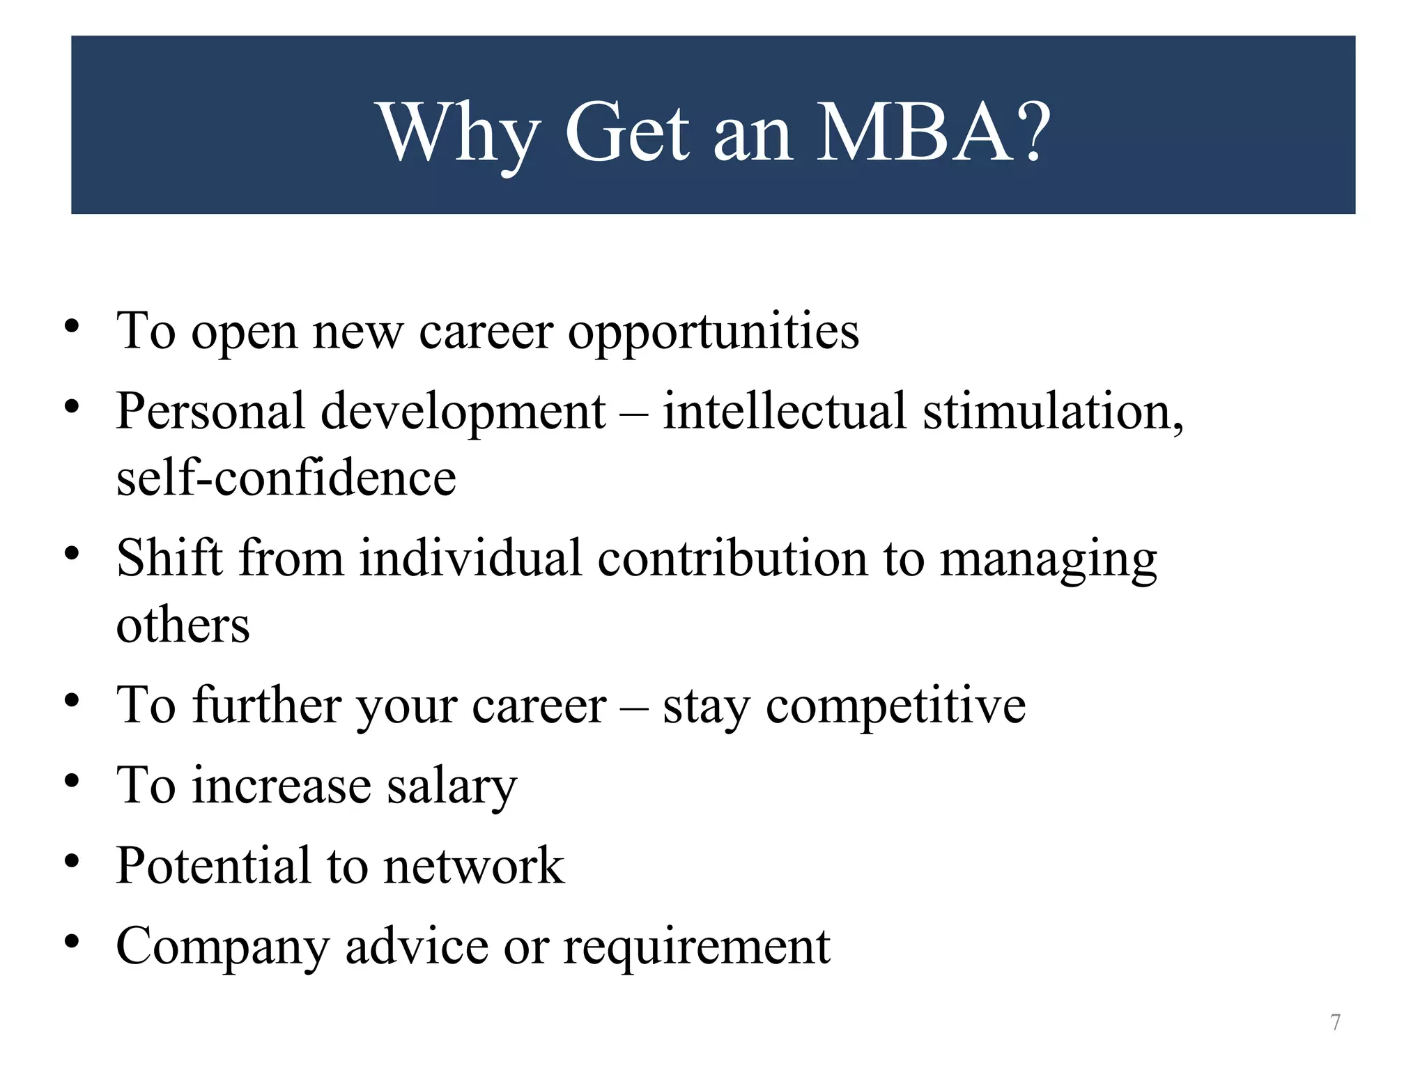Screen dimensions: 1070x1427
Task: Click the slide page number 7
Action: (1335, 1022)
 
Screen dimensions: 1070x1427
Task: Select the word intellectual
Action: (784, 411)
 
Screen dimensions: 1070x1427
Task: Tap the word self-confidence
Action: (286, 479)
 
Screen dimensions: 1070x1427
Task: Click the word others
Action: (183, 625)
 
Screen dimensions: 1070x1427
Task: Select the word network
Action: (474, 866)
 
